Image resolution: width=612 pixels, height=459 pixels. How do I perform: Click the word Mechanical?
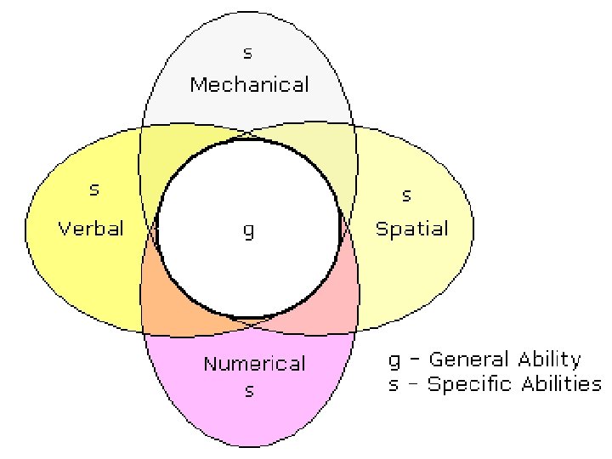[249, 84]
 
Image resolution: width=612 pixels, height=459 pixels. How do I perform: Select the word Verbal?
[90, 228]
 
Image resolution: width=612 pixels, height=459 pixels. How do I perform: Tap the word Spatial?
[412, 228]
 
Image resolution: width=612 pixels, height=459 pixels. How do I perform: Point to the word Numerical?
[254, 364]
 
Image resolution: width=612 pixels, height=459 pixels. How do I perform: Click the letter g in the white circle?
[248, 231]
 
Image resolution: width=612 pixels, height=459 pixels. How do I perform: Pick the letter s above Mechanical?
[247, 54]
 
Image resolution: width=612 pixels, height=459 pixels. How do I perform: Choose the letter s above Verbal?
[94, 189]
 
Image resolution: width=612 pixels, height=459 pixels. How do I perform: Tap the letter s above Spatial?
[406, 195]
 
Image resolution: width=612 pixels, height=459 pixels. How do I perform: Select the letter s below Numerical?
[249, 392]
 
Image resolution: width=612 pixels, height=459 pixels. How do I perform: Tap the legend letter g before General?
[394, 361]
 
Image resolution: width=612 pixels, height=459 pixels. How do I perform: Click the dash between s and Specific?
[412, 384]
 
